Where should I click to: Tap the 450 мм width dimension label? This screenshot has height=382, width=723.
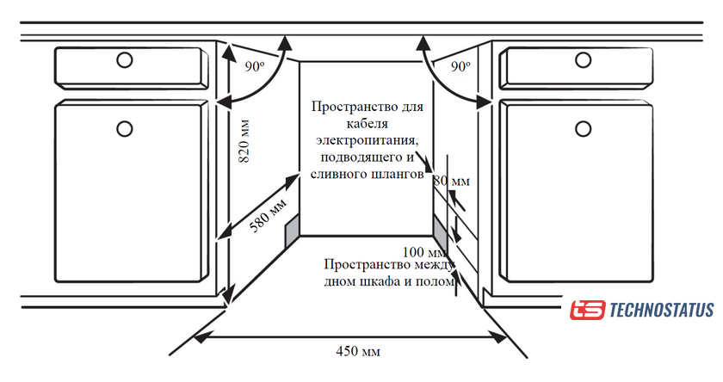pyautogui.click(x=357, y=351)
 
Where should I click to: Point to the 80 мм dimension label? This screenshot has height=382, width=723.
pyautogui.click(x=451, y=182)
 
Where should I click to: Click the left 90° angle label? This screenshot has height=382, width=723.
pyautogui.click(x=253, y=66)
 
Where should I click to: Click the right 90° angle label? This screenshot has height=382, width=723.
pyautogui.click(x=460, y=66)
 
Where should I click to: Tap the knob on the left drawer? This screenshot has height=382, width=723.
pyautogui.click(x=125, y=60)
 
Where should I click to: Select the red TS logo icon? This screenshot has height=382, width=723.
pyautogui.click(x=588, y=309)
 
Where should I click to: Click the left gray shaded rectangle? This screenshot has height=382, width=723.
pyautogui.click(x=292, y=228)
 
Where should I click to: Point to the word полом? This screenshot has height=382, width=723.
pyautogui.click(x=434, y=282)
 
